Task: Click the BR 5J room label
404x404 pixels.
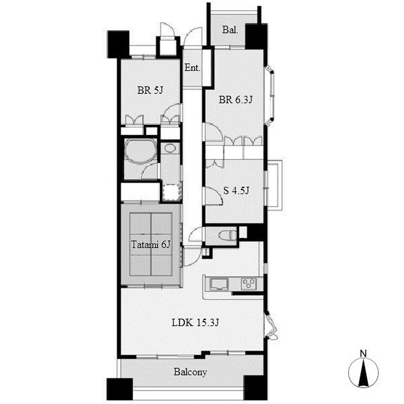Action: point(150,90)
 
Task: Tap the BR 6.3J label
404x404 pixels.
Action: point(236,99)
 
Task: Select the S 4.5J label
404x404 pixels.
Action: point(236,191)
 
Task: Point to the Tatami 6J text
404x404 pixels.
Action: point(151,244)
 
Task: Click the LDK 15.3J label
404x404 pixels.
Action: point(195,322)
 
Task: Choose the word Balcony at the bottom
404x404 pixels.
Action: point(190,372)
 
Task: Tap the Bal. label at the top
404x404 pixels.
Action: point(230,30)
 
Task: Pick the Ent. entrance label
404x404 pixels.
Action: point(193,68)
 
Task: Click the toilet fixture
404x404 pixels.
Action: point(227,235)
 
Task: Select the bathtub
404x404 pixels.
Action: point(141,151)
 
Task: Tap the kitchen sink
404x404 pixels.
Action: point(219,284)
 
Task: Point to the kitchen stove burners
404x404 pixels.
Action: point(249,284)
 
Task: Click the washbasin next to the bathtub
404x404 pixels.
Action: point(169,148)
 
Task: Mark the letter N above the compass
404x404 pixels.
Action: point(363,354)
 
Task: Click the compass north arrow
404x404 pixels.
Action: point(363,372)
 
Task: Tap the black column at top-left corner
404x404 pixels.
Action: point(118,44)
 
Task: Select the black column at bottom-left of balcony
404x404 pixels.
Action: point(120,389)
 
